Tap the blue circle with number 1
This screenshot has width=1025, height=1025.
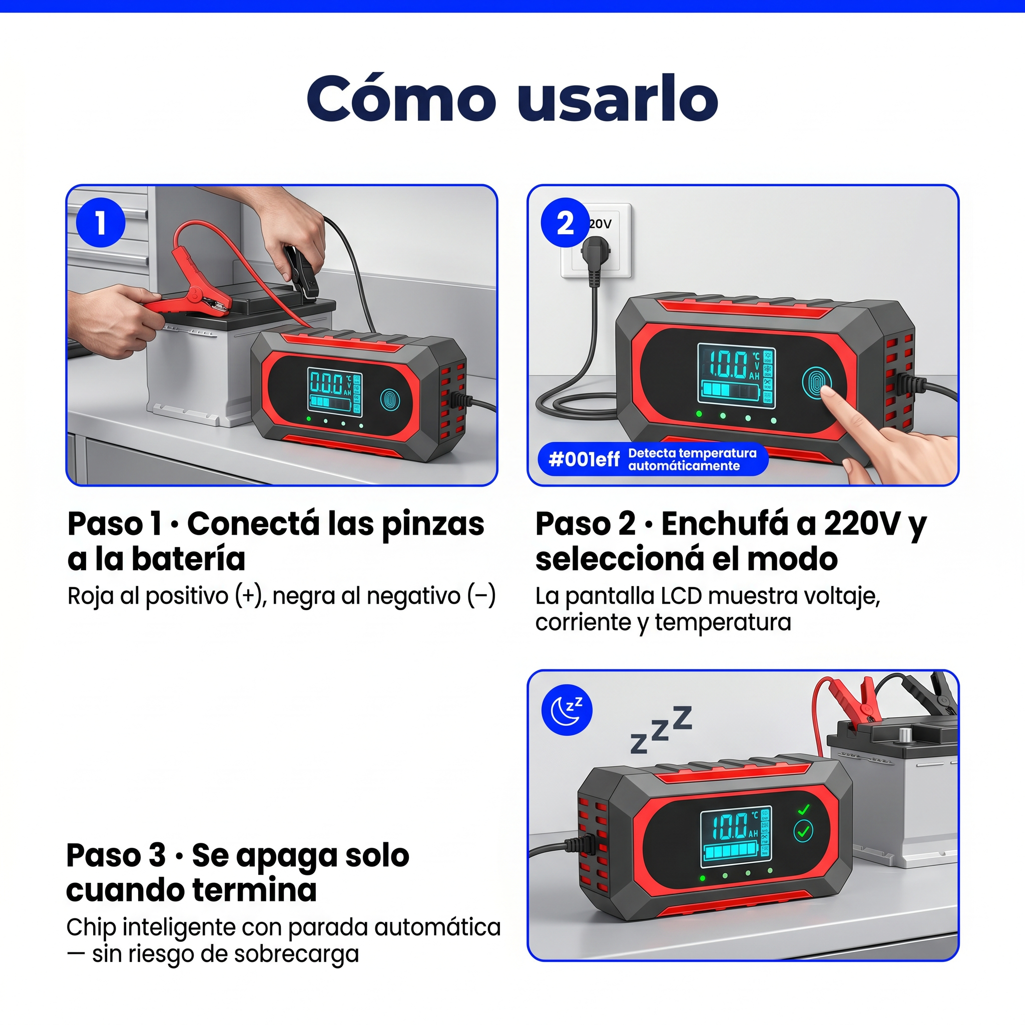(101, 222)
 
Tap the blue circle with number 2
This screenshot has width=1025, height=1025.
(565, 222)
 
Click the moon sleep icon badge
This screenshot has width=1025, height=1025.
(567, 710)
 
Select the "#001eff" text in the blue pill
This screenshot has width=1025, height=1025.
(584, 459)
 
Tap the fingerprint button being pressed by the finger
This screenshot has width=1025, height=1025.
(816, 382)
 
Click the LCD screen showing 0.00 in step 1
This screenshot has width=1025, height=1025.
(335, 391)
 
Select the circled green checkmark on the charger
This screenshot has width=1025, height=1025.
(803, 831)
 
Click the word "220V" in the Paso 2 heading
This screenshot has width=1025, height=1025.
(862, 524)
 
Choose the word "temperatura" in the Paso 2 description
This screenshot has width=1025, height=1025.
(723, 622)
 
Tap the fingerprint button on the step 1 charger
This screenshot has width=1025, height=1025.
(390, 400)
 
